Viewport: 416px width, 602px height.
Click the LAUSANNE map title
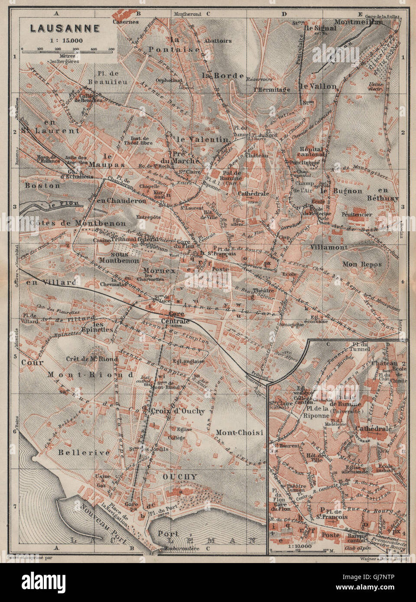pos(65,29)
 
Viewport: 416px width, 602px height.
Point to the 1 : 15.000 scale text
pos(65,40)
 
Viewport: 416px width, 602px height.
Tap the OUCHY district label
pos(179,476)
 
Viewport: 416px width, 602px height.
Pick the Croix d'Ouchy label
pos(178,411)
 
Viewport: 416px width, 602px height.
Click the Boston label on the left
pos(42,185)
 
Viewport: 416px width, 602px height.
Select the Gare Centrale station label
pos(176,318)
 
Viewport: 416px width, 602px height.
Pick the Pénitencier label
pos(357,214)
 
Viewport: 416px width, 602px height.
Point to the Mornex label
pos(159,271)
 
